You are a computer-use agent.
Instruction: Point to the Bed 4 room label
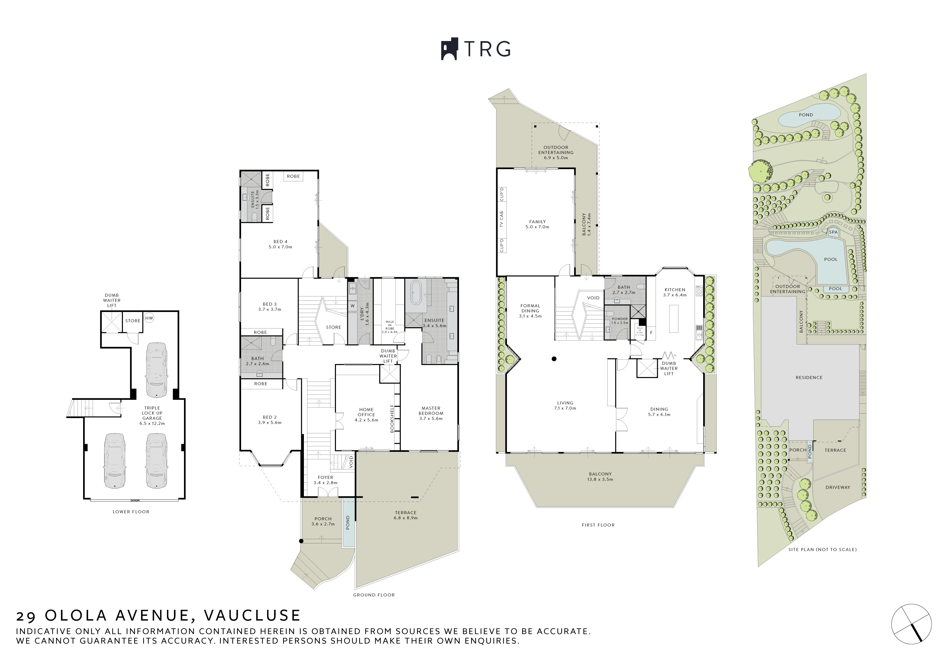point(280,244)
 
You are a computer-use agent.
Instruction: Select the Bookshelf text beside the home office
point(392,419)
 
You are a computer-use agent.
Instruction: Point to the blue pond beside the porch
point(348,523)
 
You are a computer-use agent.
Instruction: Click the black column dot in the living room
point(554,359)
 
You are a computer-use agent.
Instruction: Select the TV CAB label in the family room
point(502,219)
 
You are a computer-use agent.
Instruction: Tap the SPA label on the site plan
point(833,232)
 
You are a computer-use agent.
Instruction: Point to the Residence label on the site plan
point(809,378)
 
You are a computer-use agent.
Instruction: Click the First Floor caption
point(598,525)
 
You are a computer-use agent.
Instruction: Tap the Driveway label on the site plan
point(838,487)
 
